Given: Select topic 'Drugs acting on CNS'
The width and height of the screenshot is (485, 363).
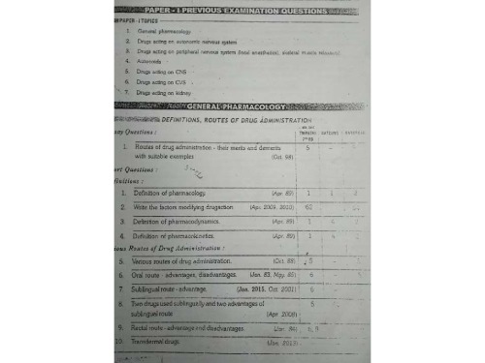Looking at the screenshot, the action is point(163,73).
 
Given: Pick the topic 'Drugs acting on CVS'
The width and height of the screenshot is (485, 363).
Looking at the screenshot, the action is point(163,82).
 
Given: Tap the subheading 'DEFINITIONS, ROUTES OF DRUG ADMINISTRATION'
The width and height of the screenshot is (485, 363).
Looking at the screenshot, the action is point(229,118).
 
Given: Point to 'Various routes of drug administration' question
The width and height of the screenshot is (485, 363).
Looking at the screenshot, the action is point(188,261).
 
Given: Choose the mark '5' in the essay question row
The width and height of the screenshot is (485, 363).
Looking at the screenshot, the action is point(307,147).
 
